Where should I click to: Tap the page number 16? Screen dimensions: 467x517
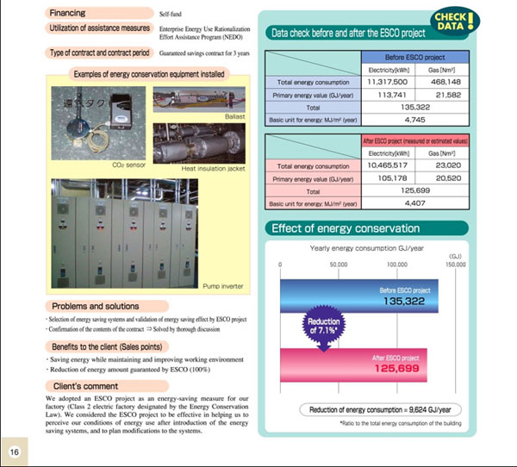(x=15, y=451)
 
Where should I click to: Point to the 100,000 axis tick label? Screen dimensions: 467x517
(x=397, y=265)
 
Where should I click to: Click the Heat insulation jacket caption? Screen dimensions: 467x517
(x=214, y=169)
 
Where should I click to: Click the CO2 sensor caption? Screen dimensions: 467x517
(x=127, y=163)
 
